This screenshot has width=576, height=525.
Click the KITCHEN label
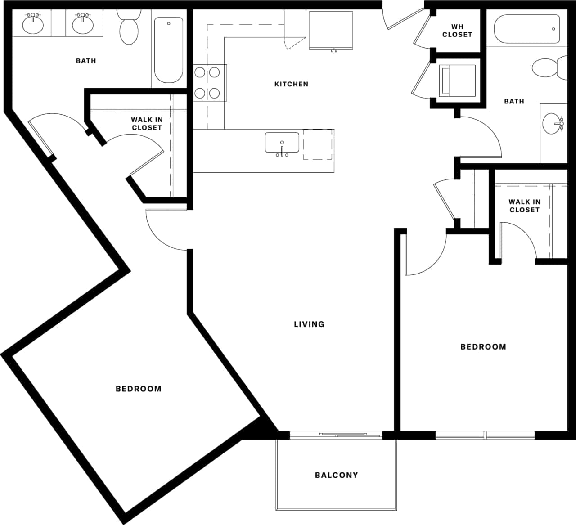pyautogui.click(x=291, y=84)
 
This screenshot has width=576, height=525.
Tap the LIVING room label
pyautogui.click(x=309, y=324)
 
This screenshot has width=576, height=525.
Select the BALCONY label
pyautogui.click(x=336, y=475)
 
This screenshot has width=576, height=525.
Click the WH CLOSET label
pyautogui.click(x=457, y=31)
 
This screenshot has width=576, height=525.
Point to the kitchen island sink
pyautogui.click(x=282, y=143)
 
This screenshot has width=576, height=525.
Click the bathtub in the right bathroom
pyautogui.click(x=527, y=29)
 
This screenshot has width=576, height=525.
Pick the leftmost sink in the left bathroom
pyautogui.click(x=33, y=25)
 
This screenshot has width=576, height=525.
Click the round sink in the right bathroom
pyautogui.click(x=552, y=124)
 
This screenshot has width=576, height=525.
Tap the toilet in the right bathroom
pyautogui.click(x=549, y=67)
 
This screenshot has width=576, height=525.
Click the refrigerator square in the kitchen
pyautogui.click(x=330, y=30)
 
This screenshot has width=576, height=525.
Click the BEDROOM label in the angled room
pyautogui.click(x=138, y=389)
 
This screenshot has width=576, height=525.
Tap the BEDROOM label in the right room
pyautogui.click(x=483, y=347)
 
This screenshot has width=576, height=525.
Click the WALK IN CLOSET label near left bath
pyautogui.click(x=147, y=124)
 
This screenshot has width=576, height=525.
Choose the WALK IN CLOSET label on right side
pyautogui.click(x=524, y=206)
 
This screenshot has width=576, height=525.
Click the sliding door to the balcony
pyautogui.click(x=336, y=435)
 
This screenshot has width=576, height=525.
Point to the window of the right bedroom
pyautogui.click(x=485, y=435)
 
